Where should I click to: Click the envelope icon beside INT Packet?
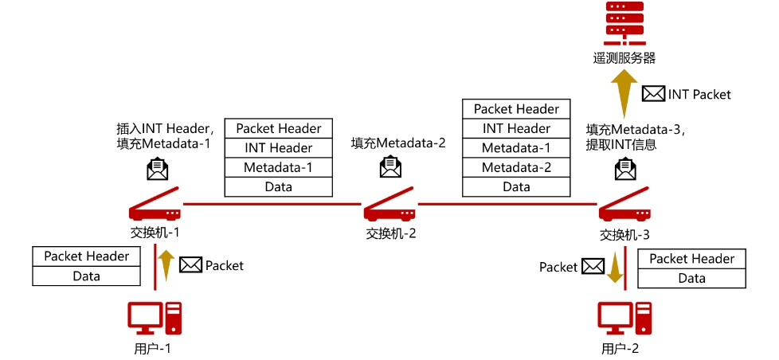[x=653, y=94]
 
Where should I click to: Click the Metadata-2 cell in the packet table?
[x=516, y=167]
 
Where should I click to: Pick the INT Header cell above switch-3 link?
[x=516, y=128]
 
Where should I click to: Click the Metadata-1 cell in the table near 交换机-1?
[x=279, y=167]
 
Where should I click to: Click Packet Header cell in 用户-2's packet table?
[x=691, y=259]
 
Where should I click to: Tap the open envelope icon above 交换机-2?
[x=390, y=168]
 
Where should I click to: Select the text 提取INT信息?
[x=620, y=144]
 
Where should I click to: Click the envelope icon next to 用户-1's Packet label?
[x=190, y=265]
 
